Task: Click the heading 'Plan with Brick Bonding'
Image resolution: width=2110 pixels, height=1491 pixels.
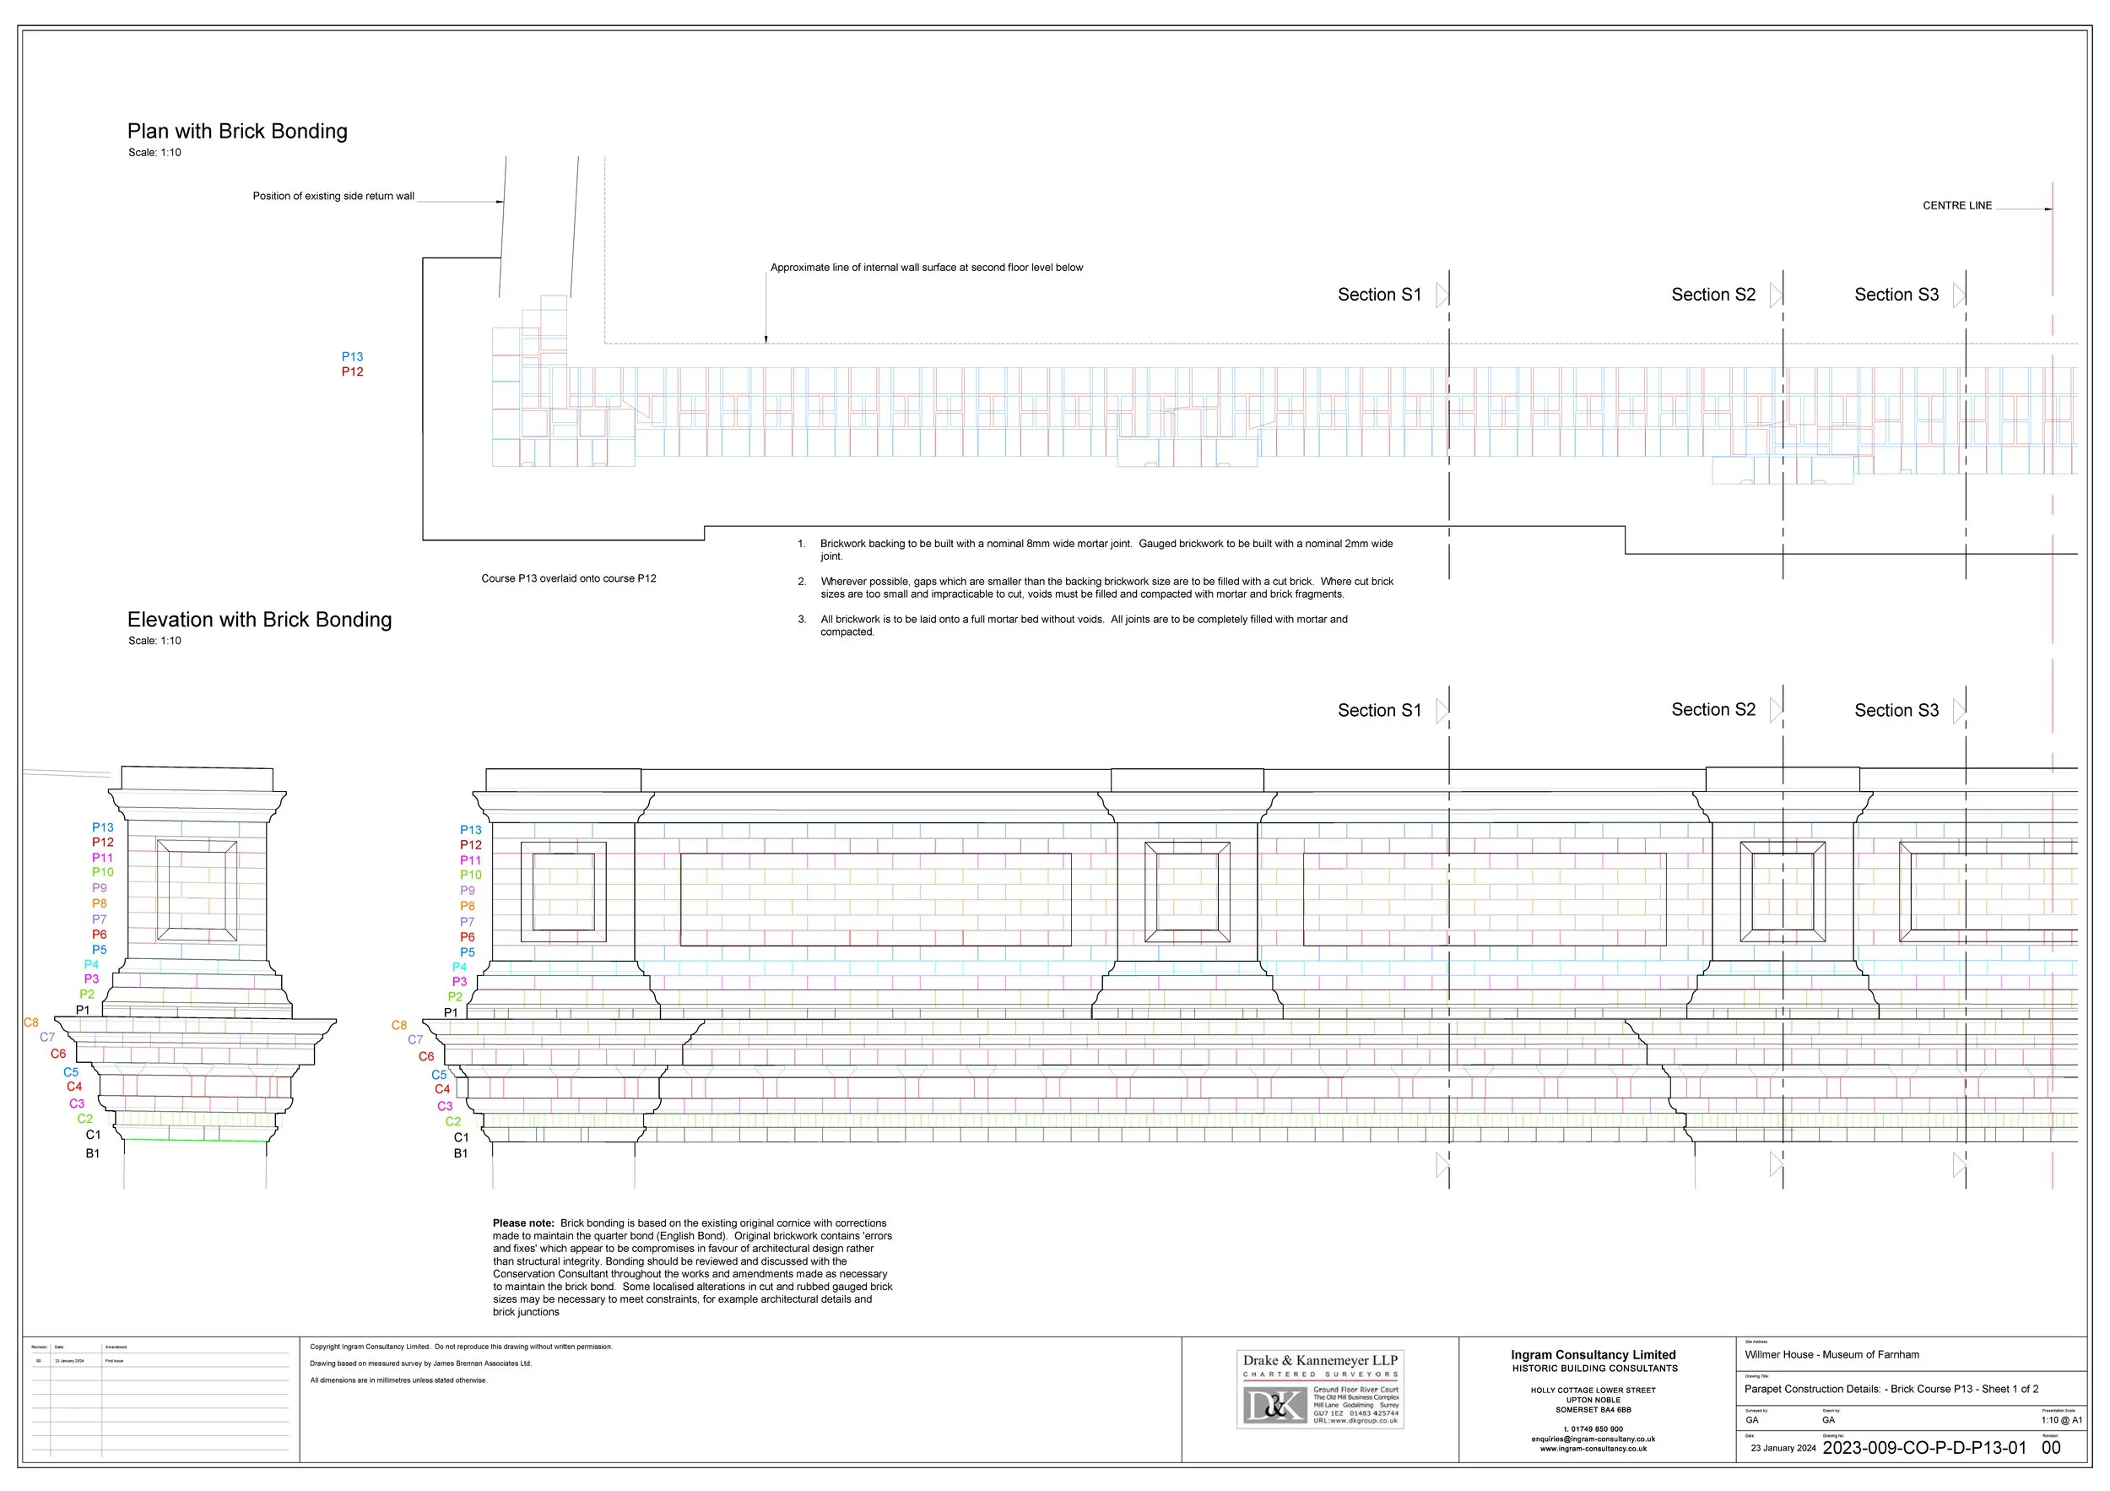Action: [237, 132]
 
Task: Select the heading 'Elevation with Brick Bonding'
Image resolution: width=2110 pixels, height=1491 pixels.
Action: [259, 620]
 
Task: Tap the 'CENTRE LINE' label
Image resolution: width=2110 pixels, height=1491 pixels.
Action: [1956, 206]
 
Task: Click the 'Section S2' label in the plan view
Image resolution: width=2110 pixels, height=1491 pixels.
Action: [1713, 295]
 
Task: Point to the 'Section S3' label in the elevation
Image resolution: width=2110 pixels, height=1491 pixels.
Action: [1896, 711]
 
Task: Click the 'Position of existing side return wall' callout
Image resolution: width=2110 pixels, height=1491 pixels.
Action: [333, 196]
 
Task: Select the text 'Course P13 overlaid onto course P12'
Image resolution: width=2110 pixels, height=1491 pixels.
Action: [569, 578]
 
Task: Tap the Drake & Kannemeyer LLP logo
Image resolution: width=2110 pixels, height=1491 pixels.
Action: [1320, 1389]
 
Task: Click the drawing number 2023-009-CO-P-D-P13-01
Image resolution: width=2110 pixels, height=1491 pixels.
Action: [1924, 1448]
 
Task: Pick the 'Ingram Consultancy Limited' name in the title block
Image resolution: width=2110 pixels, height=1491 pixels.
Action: [1593, 1355]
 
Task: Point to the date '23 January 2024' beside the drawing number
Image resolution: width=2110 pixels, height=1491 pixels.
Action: [1783, 1449]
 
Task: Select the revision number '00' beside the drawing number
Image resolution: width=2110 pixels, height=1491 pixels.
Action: [2051, 1448]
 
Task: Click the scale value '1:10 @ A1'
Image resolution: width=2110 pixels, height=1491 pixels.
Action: [2061, 1420]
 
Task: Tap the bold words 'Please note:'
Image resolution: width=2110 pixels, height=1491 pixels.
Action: [523, 1223]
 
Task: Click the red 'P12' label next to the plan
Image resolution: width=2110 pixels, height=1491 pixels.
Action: [353, 372]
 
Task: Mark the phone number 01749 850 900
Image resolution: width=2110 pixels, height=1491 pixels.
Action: [1593, 1429]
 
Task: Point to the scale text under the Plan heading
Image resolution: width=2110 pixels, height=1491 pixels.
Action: [154, 153]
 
